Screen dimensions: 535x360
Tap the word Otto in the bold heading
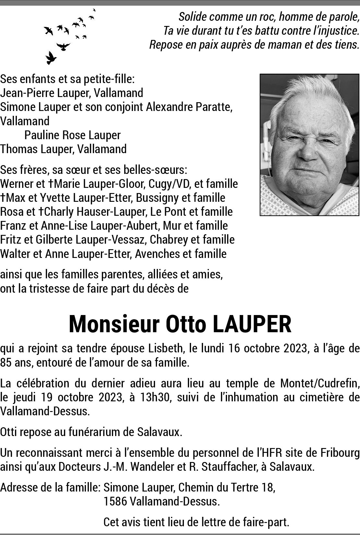186,324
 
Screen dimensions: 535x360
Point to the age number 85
6,362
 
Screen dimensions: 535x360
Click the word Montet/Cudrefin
319,383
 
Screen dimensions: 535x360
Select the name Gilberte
54,239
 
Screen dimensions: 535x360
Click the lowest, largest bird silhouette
50,58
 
